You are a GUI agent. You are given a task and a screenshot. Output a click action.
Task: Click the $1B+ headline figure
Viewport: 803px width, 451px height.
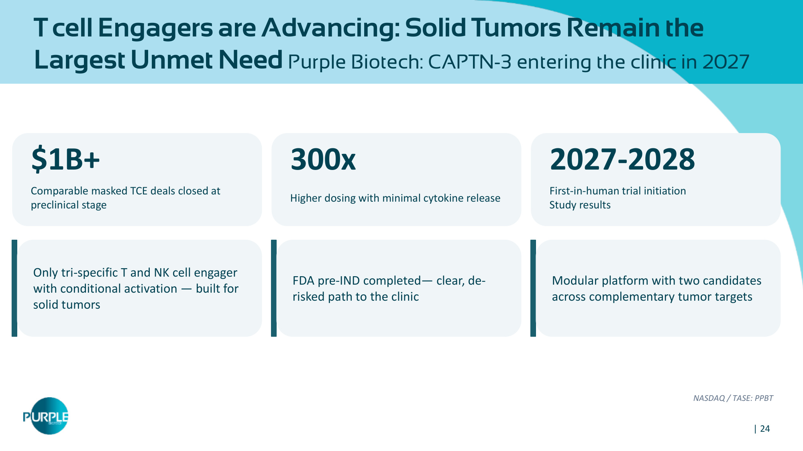tap(65, 159)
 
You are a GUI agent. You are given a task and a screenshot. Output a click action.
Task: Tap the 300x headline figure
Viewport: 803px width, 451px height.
tap(323, 159)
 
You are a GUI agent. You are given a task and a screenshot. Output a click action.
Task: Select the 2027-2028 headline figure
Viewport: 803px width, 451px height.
tap(622, 159)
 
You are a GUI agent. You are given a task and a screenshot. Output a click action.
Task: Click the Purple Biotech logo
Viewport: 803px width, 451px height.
tap(46, 416)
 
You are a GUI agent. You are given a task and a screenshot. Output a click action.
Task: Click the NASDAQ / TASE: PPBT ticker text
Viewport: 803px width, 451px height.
tap(733, 398)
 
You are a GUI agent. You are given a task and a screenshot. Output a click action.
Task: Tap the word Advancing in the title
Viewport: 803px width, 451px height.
tap(331, 28)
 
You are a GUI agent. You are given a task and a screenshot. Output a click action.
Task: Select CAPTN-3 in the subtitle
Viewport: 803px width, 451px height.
tap(470, 62)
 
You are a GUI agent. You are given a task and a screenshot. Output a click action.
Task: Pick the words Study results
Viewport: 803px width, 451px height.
tap(580, 205)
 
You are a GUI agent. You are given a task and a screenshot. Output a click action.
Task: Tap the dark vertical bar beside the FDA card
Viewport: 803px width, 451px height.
tap(274, 288)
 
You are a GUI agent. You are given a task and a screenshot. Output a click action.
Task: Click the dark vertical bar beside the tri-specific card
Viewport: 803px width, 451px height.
tap(14, 288)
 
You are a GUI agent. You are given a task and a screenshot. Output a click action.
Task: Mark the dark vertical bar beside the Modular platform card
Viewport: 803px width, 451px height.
tap(533, 288)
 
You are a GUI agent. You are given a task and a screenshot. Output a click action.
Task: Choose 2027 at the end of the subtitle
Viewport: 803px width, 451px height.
tap(726, 62)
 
